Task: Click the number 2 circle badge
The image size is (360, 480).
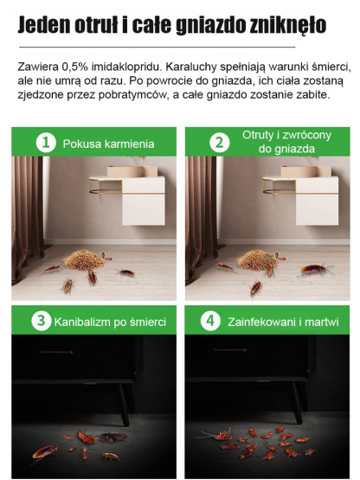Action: (220, 143)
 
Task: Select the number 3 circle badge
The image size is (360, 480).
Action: (40, 321)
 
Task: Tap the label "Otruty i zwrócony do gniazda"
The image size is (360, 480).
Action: (275, 143)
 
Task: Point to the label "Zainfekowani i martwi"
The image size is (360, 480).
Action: (281, 322)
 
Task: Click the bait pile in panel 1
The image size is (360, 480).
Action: (84, 259)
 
